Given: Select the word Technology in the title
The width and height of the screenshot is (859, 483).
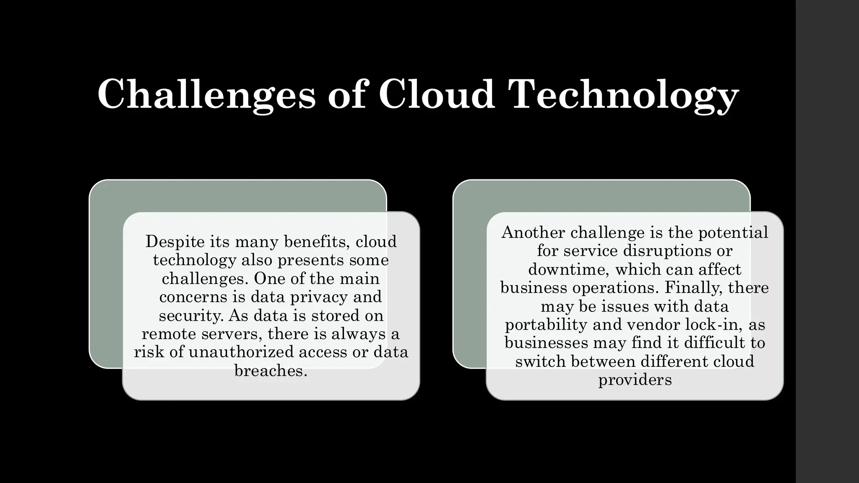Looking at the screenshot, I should pyautogui.click(x=625, y=95).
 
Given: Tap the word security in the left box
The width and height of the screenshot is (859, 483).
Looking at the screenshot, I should pyautogui.click(x=191, y=315).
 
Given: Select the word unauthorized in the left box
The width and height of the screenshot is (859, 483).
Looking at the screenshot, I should pyautogui.click(x=241, y=352).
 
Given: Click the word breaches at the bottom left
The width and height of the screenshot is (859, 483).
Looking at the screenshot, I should pyautogui.click(x=271, y=370).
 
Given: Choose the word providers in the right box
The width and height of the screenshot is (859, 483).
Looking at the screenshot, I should pyautogui.click(x=635, y=380).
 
